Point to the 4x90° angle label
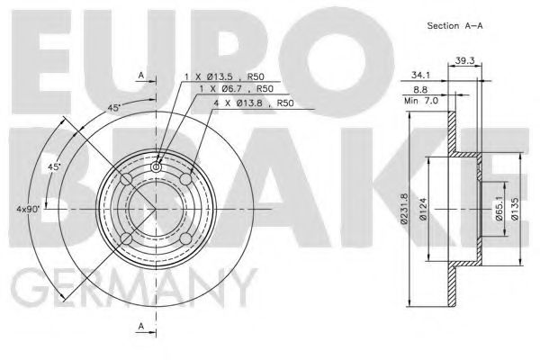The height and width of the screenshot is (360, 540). [x=28, y=210]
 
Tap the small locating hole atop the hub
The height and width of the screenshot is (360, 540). [x=157, y=166]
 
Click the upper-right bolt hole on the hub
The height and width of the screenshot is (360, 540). [x=186, y=180]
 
